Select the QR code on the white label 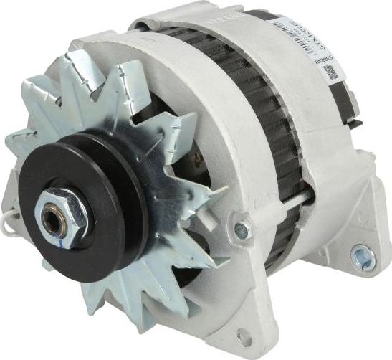coord(330,71)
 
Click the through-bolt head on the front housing coord(242,229)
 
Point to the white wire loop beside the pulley coord(9,224)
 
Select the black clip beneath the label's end coord(351,100)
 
